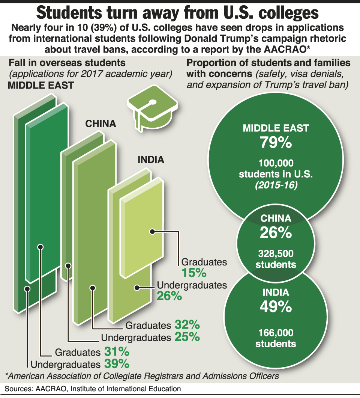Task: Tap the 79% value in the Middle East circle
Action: tap(276, 143)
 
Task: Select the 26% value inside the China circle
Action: tap(276, 233)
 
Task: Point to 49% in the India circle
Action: tap(276, 307)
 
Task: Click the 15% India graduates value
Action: tap(193, 272)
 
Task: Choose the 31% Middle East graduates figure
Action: tap(117, 352)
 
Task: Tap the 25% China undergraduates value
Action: tap(187, 337)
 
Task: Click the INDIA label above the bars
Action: tap(151, 160)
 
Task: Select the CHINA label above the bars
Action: tap(100, 124)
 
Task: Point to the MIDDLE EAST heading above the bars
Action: tap(41, 86)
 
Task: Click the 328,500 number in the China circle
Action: tap(276, 254)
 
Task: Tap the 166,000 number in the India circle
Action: tap(276, 333)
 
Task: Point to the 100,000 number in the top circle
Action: tap(276, 163)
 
